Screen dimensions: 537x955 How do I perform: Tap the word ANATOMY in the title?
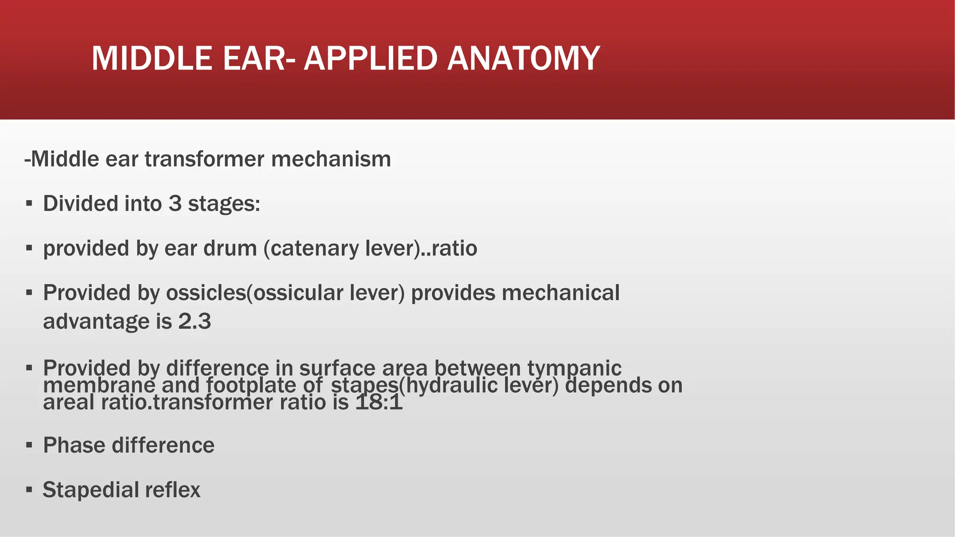point(523,58)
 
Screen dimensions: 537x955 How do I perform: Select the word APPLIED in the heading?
point(371,58)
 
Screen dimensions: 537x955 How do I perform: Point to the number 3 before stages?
point(175,204)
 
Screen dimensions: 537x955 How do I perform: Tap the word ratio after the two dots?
point(454,248)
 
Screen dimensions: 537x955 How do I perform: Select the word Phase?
point(74,445)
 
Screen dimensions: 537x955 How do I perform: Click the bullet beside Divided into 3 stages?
point(29,204)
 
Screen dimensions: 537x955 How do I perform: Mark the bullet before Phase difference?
point(29,445)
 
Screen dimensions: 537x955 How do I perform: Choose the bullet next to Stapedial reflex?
point(29,490)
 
